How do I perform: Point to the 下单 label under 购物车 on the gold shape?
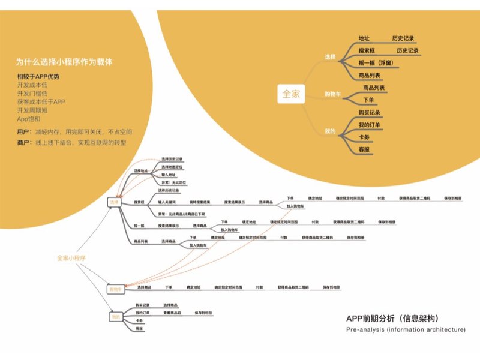click(368, 100)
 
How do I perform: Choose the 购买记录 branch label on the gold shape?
click(370, 112)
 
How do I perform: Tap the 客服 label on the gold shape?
click(364, 149)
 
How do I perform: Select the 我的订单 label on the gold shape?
click(370, 125)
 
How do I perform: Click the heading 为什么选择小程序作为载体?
click(64, 62)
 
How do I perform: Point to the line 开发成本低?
click(34, 85)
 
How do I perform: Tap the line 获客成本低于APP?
click(41, 102)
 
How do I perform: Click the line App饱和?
click(29, 119)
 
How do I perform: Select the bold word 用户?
click(24, 131)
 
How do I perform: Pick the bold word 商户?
click(24, 143)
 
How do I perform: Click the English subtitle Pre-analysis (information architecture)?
click(405, 330)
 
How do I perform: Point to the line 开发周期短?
click(34, 110)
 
